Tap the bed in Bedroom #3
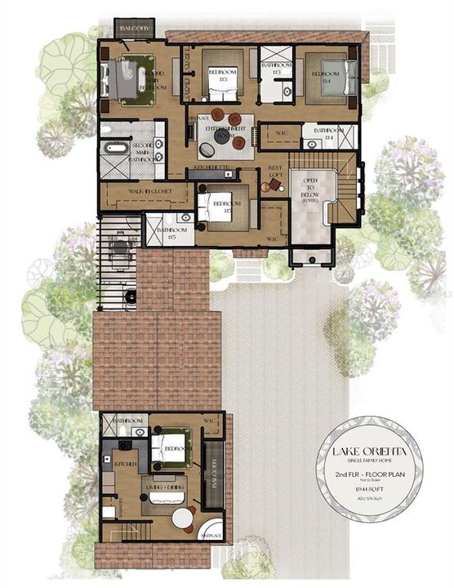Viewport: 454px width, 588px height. point(222,73)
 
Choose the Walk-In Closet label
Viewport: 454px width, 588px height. point(143,194)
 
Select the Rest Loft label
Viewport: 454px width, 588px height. point(275,172)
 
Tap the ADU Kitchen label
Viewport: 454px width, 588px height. point(125,463)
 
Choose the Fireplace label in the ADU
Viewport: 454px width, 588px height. point(211,535)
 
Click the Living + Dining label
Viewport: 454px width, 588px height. point(166,487)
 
